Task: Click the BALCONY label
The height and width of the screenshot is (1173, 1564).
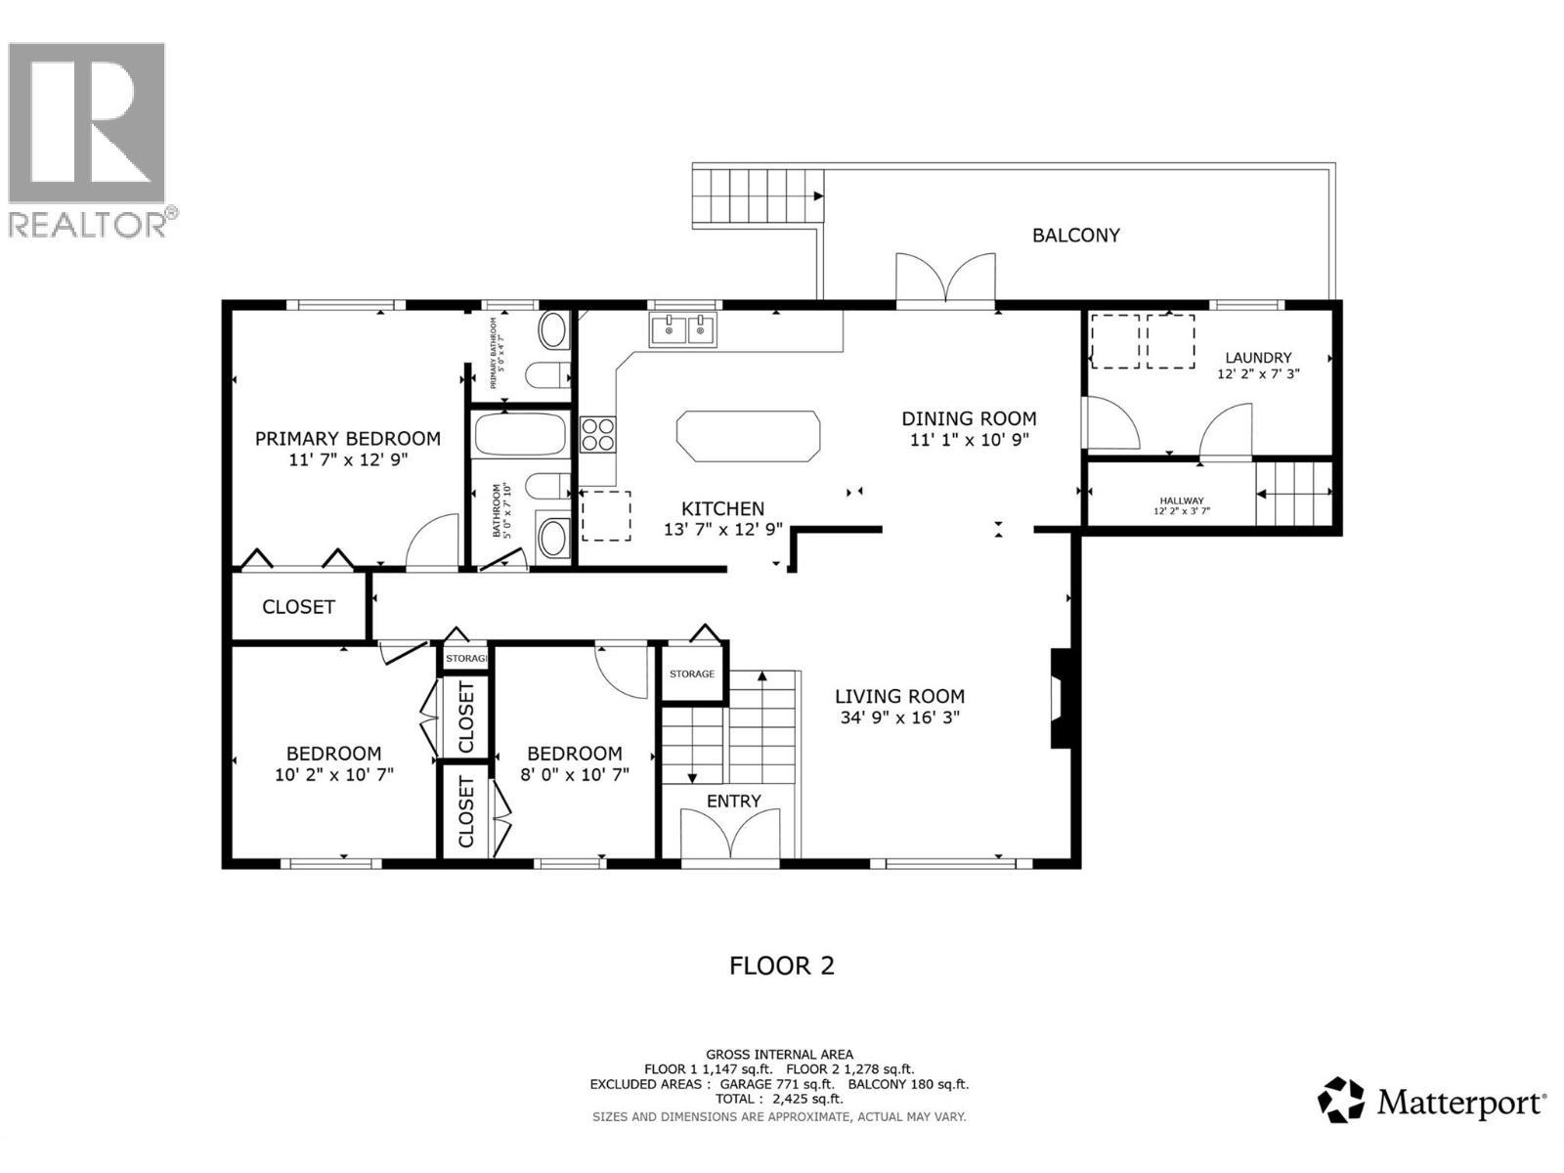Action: tap(1075, 235)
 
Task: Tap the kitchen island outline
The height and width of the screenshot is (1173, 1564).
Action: tap(748, 436)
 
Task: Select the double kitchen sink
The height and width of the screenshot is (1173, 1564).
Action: tap(683, 330)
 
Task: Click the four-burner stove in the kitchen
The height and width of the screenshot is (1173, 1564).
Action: tap(598, 434)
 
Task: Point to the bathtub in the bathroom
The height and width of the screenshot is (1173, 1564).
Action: tap(520, 435)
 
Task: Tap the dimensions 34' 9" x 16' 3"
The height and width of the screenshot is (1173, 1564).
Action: tap(899, 717)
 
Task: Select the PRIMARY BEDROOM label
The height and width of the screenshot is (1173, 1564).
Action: tap(347, 439)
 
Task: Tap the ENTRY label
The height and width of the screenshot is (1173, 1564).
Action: tap(733, 801)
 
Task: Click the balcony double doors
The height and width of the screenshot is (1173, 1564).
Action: tap(945, 281)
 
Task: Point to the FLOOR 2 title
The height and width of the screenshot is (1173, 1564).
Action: tap(782, 966)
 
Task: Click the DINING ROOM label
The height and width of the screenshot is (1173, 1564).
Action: tap(969, 418)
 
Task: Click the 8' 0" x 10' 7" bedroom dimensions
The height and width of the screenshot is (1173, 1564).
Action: tap(574, 773)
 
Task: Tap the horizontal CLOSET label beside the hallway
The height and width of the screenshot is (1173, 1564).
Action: tap(298, 606)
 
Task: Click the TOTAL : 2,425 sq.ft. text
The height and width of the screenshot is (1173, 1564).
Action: tap(779, 1099)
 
